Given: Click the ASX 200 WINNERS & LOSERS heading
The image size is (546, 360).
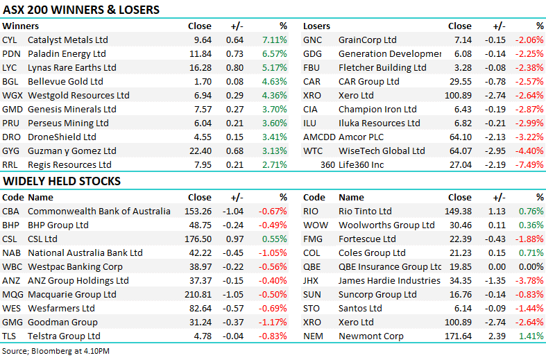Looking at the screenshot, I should click(81, 10).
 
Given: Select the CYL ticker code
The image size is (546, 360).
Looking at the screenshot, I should click(11, 40).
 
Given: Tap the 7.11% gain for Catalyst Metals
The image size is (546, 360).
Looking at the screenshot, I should click(274, 40).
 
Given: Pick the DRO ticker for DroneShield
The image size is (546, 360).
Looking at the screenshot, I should click(12, 137).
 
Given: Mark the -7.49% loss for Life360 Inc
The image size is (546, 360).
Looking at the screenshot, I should click(529, 164).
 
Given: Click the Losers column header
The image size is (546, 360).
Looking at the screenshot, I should click(316, 26).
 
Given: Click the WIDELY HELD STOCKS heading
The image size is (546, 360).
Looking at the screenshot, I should click(62, 181).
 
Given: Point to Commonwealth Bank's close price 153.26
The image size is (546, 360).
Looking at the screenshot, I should click(198, 211).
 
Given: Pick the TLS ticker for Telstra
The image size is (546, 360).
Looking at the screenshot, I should click(10, 336).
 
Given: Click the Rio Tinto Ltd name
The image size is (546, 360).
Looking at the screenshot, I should click(365, 211).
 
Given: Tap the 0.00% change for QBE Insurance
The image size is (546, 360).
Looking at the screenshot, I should click(531, 266).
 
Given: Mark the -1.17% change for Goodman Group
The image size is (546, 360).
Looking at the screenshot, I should click(273, 322).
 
